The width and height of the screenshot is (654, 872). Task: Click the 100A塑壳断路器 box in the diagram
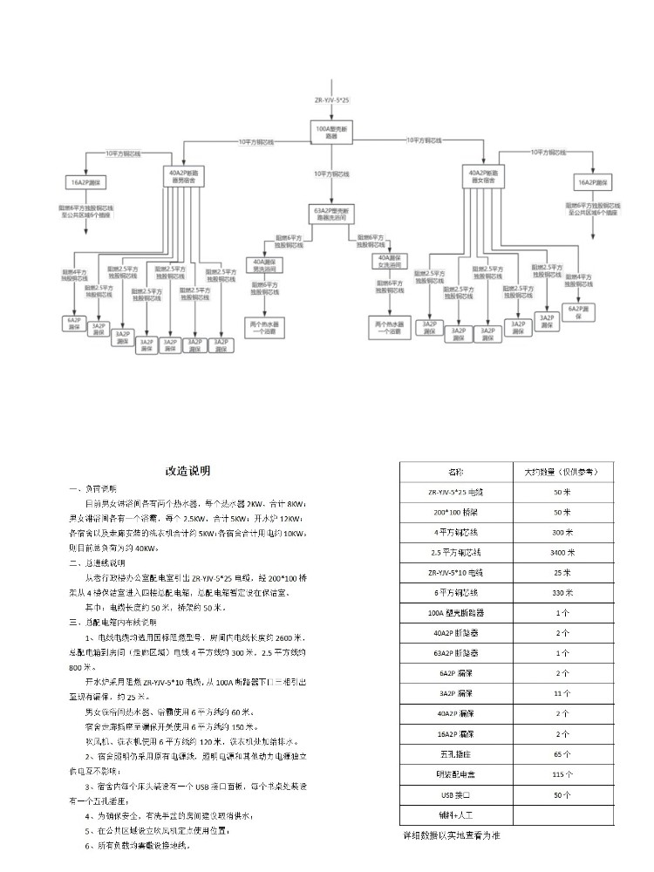pos(330,133)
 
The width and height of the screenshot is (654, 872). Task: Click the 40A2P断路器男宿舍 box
pos(184,176)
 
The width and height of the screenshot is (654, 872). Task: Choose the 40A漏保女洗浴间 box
pos(389,262)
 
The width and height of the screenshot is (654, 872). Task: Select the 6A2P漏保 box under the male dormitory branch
pos(73,322)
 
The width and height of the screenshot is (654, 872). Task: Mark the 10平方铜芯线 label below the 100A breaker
pos(331,174)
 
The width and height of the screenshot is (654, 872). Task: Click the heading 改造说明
pos(187,471)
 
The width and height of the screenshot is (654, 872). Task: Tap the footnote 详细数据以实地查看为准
pos(452,835)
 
